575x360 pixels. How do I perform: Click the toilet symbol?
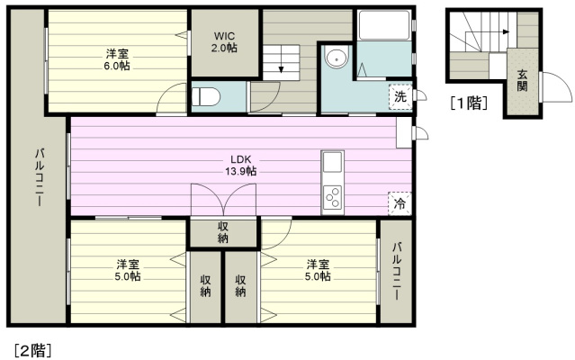206,97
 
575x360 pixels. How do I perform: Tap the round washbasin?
336,58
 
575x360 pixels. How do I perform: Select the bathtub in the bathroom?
384,25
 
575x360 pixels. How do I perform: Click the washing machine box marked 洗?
400,97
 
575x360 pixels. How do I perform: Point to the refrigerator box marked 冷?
400,203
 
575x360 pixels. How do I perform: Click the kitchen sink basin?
333,162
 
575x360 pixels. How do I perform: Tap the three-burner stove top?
333,197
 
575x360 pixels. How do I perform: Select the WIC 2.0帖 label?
224,42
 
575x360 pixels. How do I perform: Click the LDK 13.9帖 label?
241,166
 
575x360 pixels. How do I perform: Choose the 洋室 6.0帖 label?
118,60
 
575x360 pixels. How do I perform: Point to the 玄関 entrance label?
522,80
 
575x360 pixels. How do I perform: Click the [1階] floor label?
469,103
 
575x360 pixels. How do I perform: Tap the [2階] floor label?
33,350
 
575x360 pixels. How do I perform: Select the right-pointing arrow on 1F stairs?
488,31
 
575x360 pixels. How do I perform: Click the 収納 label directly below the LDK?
222,232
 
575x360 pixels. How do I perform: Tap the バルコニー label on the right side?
397,271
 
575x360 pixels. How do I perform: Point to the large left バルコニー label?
40,177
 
